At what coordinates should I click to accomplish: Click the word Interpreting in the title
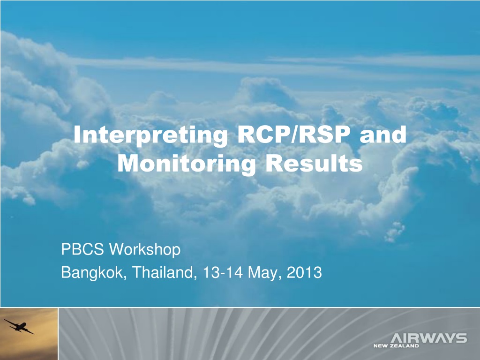[x=151, y=135]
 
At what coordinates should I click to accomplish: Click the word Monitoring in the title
[x=187, y=164]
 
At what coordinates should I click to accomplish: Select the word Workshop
[x=145, y=250]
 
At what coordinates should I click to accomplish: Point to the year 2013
[x=304, y=272]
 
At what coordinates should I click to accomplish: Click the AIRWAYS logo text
[x=429, y=338]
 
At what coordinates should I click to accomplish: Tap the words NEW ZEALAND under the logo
[x=396, y=346]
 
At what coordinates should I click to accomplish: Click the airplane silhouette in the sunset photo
[x=19, y=327]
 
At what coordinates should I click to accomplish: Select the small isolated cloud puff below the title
[x=395, y=232]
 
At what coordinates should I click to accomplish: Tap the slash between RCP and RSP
[x=294, y=135]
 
